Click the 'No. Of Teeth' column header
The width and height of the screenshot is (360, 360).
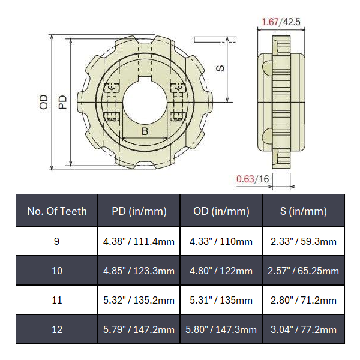click(x=57, y=211)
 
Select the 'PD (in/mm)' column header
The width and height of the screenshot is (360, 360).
click(x=139, y=211)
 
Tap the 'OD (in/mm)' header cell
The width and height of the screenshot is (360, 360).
click(x=221, y=211)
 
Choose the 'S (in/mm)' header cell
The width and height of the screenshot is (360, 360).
click(x=304, y=211)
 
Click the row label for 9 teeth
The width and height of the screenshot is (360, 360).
click(x=57, y=241)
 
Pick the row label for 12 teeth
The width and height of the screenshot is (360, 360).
click(x=57, y=329)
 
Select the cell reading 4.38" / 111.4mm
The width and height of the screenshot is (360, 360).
click(x=139, y=241)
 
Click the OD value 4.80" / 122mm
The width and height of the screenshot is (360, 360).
click(x=221, y=271)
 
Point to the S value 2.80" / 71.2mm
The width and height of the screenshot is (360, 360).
click(x=304, y=300)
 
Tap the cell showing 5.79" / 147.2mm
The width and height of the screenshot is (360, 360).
click(x=139, y=329)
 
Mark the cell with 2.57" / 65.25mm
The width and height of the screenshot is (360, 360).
click(x=304, y=271)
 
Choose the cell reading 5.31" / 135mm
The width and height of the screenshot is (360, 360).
click(x=221, y=300)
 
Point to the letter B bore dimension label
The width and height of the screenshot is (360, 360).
click(x=145, y=131)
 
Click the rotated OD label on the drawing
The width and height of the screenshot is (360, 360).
click(x=43, y=102)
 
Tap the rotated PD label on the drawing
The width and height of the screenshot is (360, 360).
click(x=62, y=102)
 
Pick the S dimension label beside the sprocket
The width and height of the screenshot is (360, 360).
click(x=220, y=68)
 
